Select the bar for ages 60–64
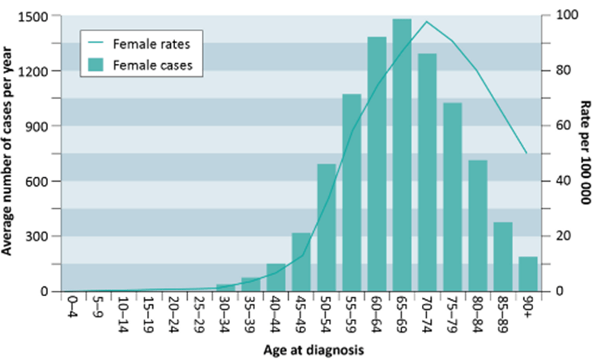[x=377, y=164]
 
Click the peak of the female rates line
[x=427, y=21]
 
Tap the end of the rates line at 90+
[x=526, y=154]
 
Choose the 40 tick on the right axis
[x=555, y=181]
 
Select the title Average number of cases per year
[x=9, y=152]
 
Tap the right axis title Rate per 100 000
[x=586, y=152]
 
